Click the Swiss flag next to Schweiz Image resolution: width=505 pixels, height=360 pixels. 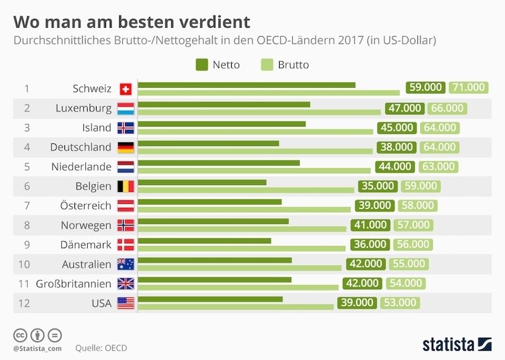click(125, 88)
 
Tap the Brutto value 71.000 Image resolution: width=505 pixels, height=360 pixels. click(468, 88)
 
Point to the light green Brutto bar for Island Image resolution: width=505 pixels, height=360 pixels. click(255, 131)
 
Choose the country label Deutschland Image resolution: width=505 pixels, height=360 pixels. click(81, 147)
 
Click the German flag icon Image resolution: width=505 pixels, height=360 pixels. click(125, 147)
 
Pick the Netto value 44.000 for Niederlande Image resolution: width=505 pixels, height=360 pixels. click(394, 167)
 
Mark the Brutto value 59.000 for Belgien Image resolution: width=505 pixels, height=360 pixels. click(420, 186)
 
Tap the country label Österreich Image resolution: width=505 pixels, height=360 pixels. click(86, 206)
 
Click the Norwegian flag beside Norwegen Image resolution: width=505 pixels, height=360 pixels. click(125, 225)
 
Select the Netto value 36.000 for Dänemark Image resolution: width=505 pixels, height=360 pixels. click(369, 244)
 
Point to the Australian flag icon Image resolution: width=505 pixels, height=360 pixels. click(125, 264)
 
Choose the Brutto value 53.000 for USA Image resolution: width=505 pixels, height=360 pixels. click(400, 303)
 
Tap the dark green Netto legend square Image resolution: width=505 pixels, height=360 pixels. click(202, 64)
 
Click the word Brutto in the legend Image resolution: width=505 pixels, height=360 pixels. click(293, 64)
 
